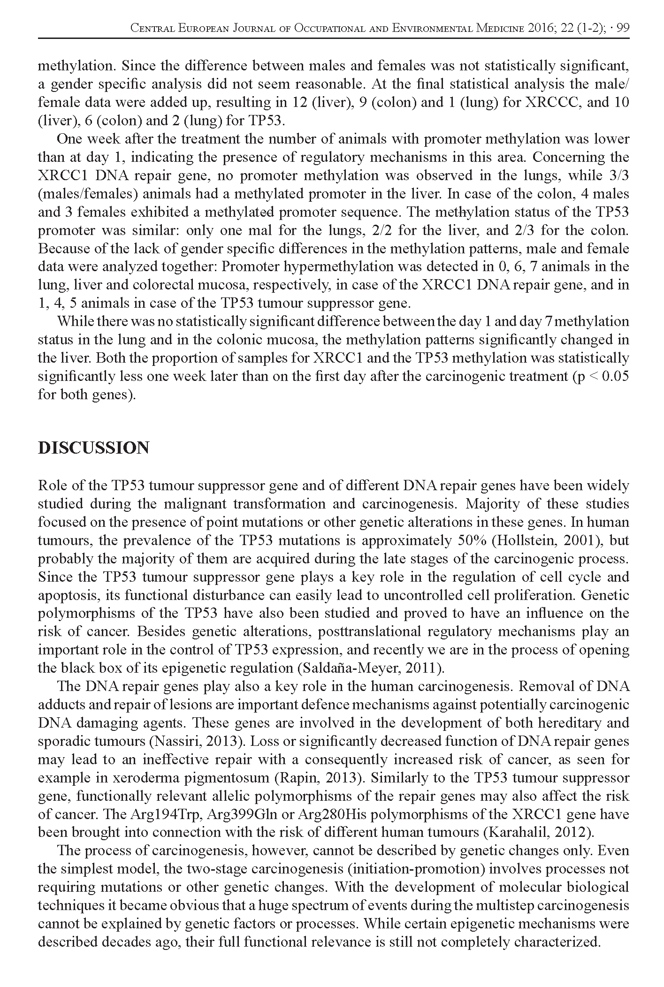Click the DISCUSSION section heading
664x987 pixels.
pos(93,448)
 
